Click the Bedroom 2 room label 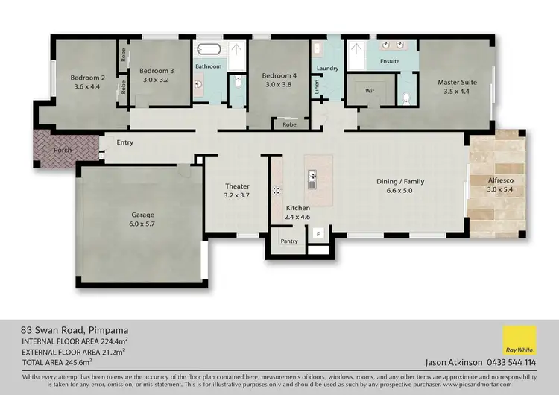click(x=87, y=77)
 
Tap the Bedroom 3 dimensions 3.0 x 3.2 click(x=156, y=80)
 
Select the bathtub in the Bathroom click(x=208, y=51)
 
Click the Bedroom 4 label click(x=279, y=75)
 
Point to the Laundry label click(x=327, y=69)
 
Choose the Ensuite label click(x=389, y=60)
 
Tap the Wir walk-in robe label click(x=369, y=90)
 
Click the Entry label click(x=124, y=142)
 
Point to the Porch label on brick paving click(x=63, y=150)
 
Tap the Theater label click(x=237, y=186)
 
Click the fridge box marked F click(x=319, y=234)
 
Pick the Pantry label click(x=289, y=241)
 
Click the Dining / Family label click(x=394, y=181)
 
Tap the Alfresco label click(x=500, y=181)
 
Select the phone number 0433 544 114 click(x=511, y=363)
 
